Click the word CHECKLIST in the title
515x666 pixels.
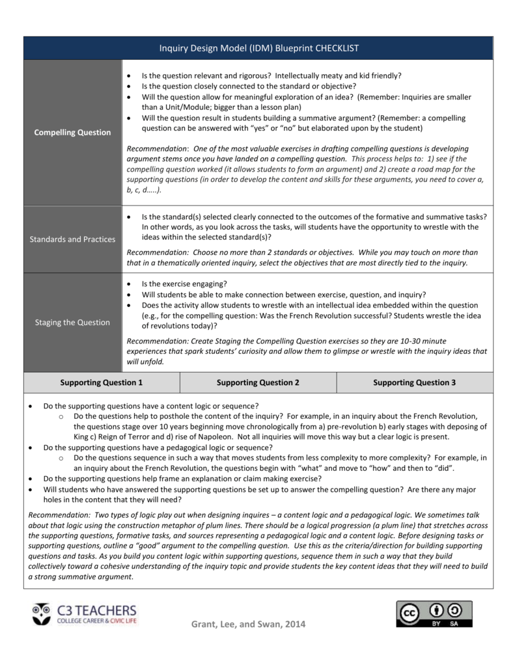coord(337,48)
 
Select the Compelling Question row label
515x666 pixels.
coord(73,133)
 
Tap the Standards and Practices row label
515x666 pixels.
coord(73,239)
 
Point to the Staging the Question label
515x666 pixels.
coord(73,323)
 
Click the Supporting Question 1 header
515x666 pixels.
coord(102,383)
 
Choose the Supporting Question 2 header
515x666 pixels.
coord(258,383)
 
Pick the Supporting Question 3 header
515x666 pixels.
coord(414,383)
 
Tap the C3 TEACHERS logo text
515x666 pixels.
coord(97,610)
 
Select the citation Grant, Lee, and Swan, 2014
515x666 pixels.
coord(247,624)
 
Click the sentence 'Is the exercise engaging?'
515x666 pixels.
coord(184,284)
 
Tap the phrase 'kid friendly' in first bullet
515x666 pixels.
coord(380,76)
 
